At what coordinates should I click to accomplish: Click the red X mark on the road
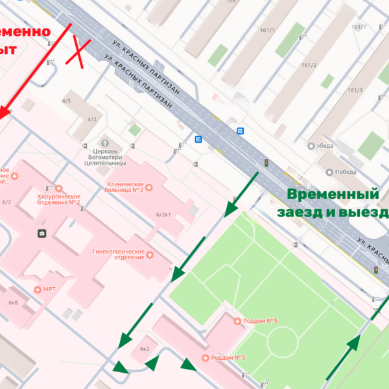80,53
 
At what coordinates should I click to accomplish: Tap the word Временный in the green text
333,194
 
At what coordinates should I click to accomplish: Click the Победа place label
346,172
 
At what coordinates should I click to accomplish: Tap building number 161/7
359,27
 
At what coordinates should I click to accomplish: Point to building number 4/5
66,101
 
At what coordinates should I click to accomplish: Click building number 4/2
92,119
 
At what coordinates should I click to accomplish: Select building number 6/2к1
163,214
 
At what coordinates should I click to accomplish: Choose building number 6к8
13,302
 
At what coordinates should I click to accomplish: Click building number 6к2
145,349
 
